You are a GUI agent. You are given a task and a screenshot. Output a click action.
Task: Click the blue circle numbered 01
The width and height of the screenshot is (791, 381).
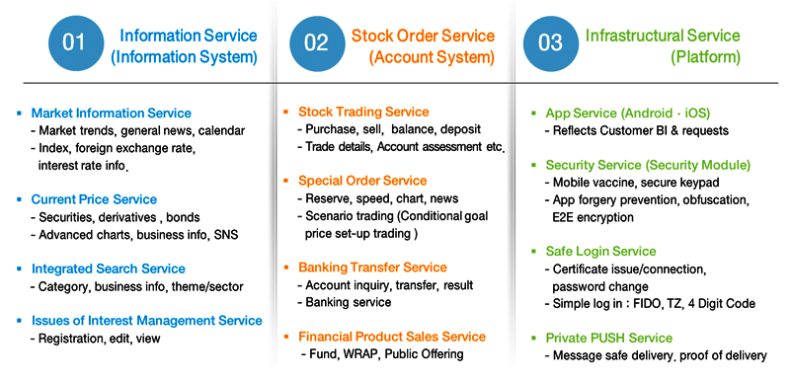[75, 42]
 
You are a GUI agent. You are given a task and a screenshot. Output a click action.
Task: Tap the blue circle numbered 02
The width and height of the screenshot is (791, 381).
[316, 42]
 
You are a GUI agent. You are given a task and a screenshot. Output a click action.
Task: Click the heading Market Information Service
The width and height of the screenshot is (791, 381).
[111, 114]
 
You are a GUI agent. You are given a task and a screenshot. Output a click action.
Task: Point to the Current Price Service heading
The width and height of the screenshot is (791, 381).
[94, 199]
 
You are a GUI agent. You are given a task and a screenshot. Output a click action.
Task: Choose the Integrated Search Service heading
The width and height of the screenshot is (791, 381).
[108, 268]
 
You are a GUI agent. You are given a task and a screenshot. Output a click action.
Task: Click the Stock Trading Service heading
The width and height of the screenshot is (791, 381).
[362, 113]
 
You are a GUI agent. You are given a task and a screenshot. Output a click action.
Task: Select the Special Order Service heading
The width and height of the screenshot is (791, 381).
[362, 181]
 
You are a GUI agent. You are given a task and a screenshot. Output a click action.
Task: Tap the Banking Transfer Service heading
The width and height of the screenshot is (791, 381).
[372, 267]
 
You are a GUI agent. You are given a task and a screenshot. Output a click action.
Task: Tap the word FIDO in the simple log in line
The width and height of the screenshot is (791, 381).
[660, 303]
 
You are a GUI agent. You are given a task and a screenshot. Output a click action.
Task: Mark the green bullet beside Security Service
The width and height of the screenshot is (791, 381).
[534, 164]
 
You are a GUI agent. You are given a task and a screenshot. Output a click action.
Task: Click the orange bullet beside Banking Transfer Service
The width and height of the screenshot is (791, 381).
[287, 267]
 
